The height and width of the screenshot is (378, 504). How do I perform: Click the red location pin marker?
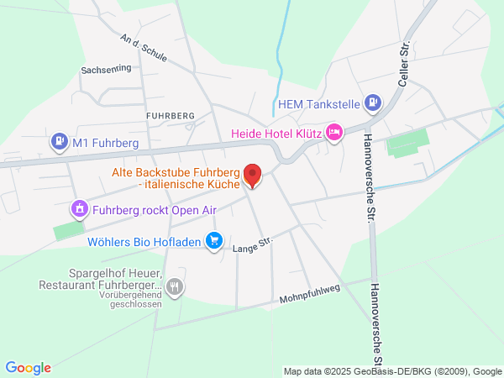point(252,176)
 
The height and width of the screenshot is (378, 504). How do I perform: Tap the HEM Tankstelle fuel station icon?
point(374,104)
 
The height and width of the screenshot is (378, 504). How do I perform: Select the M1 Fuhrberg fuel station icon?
point(59,141)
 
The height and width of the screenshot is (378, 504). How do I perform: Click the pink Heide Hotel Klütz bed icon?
point(334,133)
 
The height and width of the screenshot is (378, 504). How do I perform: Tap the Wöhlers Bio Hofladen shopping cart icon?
point(214,241)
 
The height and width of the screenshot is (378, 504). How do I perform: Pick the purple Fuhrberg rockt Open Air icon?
point(79,208)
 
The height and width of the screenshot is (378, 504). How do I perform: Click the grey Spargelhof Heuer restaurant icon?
point(175,286)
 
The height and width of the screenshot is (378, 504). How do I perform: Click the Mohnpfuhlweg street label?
point(308,296)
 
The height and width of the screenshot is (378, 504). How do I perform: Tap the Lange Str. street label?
point(253,245)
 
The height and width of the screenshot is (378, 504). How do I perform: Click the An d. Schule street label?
point(144,49)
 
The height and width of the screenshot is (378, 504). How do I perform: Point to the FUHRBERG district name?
point(170,114)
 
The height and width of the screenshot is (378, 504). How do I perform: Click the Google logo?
point(28,368)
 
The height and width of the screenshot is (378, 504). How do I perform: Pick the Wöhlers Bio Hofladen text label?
point(144,242)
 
